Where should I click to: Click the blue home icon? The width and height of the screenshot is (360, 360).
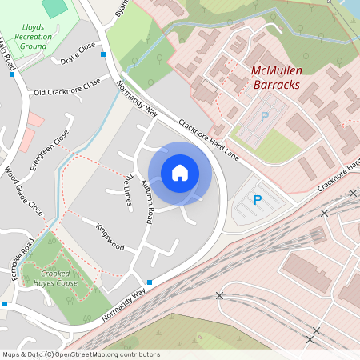pos(180,173)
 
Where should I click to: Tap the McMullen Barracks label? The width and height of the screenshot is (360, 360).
pos(286,77)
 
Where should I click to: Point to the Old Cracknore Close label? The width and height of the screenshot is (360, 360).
pos(67,87)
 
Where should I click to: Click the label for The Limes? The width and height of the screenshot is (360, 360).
pos(126,187)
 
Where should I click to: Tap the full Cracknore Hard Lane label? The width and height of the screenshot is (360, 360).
pos(210,135)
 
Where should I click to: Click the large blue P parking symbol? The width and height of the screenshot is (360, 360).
pos(258,201)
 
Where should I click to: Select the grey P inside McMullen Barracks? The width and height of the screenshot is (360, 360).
pos(265,117)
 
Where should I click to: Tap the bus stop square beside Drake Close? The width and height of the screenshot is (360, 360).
pos(102,54)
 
